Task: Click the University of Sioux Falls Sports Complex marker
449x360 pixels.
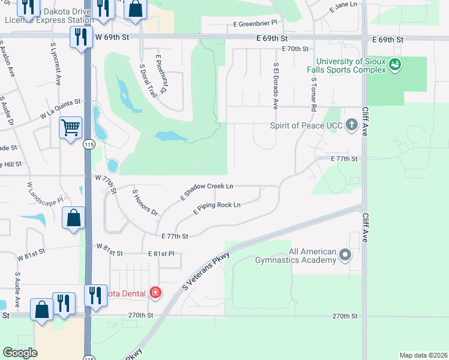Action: tap(394, 64)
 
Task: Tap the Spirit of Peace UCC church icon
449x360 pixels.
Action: tap(352, 126)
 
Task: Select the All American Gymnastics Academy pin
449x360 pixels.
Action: tap(345, 255)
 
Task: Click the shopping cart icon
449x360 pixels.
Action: tap(71, 127)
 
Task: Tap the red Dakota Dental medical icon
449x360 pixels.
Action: tap(155, 293)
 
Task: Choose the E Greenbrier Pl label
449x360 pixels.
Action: tap(256, 23)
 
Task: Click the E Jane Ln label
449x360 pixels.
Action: tap(343, 5)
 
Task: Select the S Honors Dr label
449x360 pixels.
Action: tap(145, 203)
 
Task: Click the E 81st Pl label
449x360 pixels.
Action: tap(161, 254)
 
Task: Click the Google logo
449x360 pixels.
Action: tap(20, 353)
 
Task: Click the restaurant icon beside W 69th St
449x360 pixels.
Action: tap(80, 38)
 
